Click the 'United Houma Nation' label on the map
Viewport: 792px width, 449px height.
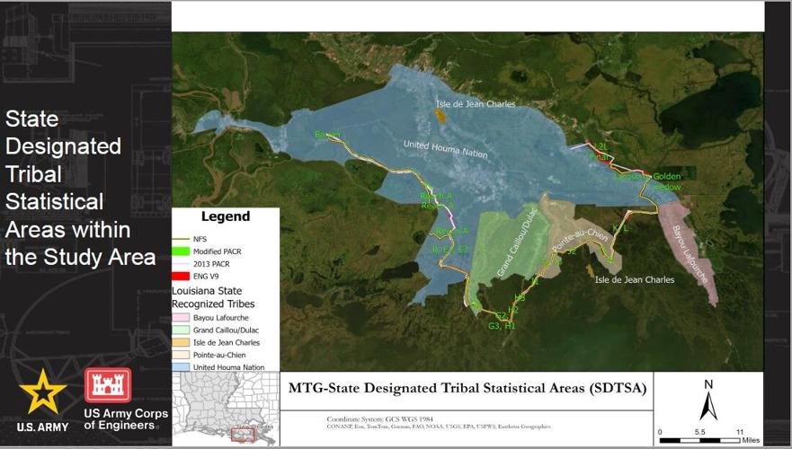[x=446, y=149]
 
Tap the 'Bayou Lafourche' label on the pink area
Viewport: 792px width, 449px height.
[x=690, y=256]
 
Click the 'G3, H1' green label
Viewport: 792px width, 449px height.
[x=501, y=326]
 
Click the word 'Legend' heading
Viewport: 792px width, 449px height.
[x=225, y=216]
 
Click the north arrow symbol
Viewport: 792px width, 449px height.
[x=708, y=401]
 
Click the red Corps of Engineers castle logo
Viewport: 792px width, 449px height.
[x=108, y=385]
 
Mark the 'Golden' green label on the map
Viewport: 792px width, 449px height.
[x=666, y=177]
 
